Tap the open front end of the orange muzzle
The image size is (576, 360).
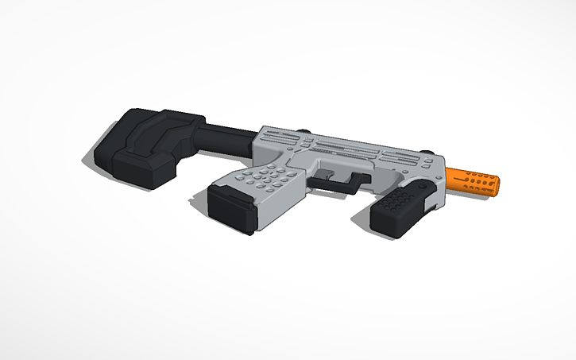[x=500, y=188]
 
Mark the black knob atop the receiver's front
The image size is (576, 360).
[x=429, y=150]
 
